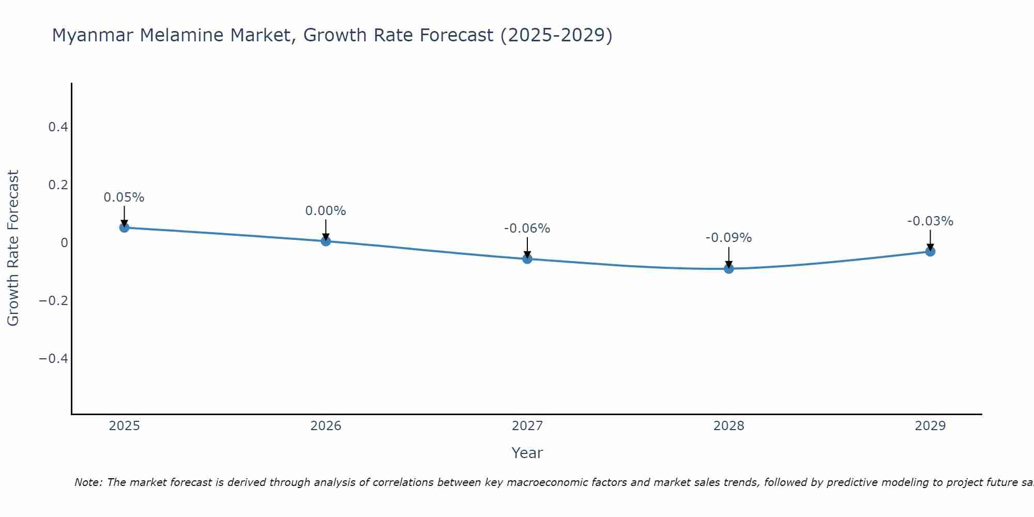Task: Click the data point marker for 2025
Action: tap(124, 227)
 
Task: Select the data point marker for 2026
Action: tap(326, 241)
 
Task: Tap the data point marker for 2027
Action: tap(527, 258)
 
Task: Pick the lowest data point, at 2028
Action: tap(729, 268)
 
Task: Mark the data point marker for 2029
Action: tap(930, 251)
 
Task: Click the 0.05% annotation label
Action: tap(124, 197)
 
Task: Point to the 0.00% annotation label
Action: tap(326, 211)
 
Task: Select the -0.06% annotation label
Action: tap(527, 229)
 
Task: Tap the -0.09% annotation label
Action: tap(729, 238)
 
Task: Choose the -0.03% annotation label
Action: tap(930, 221)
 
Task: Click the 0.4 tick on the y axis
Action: tap(58, 127)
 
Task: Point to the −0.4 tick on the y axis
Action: tap(54, 358)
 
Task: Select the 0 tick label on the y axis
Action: tap(65, 242)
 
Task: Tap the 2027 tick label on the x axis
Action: tap(527, 426)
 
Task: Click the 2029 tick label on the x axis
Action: tap(930, 426)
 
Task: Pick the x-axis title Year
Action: tap(527, 453)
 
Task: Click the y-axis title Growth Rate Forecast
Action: tap(13, 248)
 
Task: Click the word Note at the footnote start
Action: tap(88, 482)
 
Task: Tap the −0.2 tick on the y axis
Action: tap(54, 300)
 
